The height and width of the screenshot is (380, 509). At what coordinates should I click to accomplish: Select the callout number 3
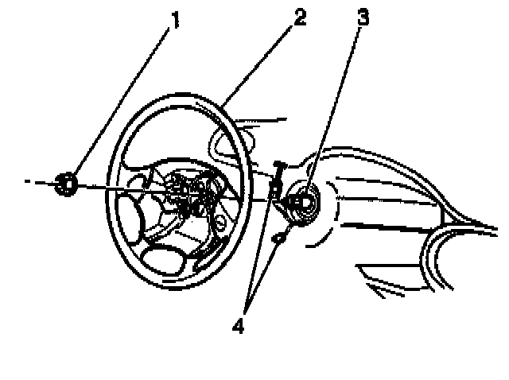[363, 17]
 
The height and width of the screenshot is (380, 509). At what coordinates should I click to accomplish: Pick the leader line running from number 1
[119, 103]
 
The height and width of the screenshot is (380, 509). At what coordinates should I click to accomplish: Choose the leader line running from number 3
[334, 103]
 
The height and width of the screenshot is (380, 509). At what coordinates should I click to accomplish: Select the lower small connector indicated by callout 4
[279, 238]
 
